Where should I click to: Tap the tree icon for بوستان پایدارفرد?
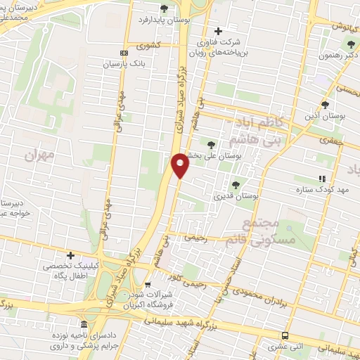tap(164, 8)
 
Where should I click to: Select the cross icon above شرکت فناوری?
tap(218, 30)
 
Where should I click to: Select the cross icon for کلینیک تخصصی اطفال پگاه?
tap(70, 255)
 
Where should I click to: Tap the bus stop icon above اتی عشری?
tap(284, 335)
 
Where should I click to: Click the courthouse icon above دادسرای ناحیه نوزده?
tap(84, 324)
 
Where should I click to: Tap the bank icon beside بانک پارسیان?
tap(124, 53)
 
